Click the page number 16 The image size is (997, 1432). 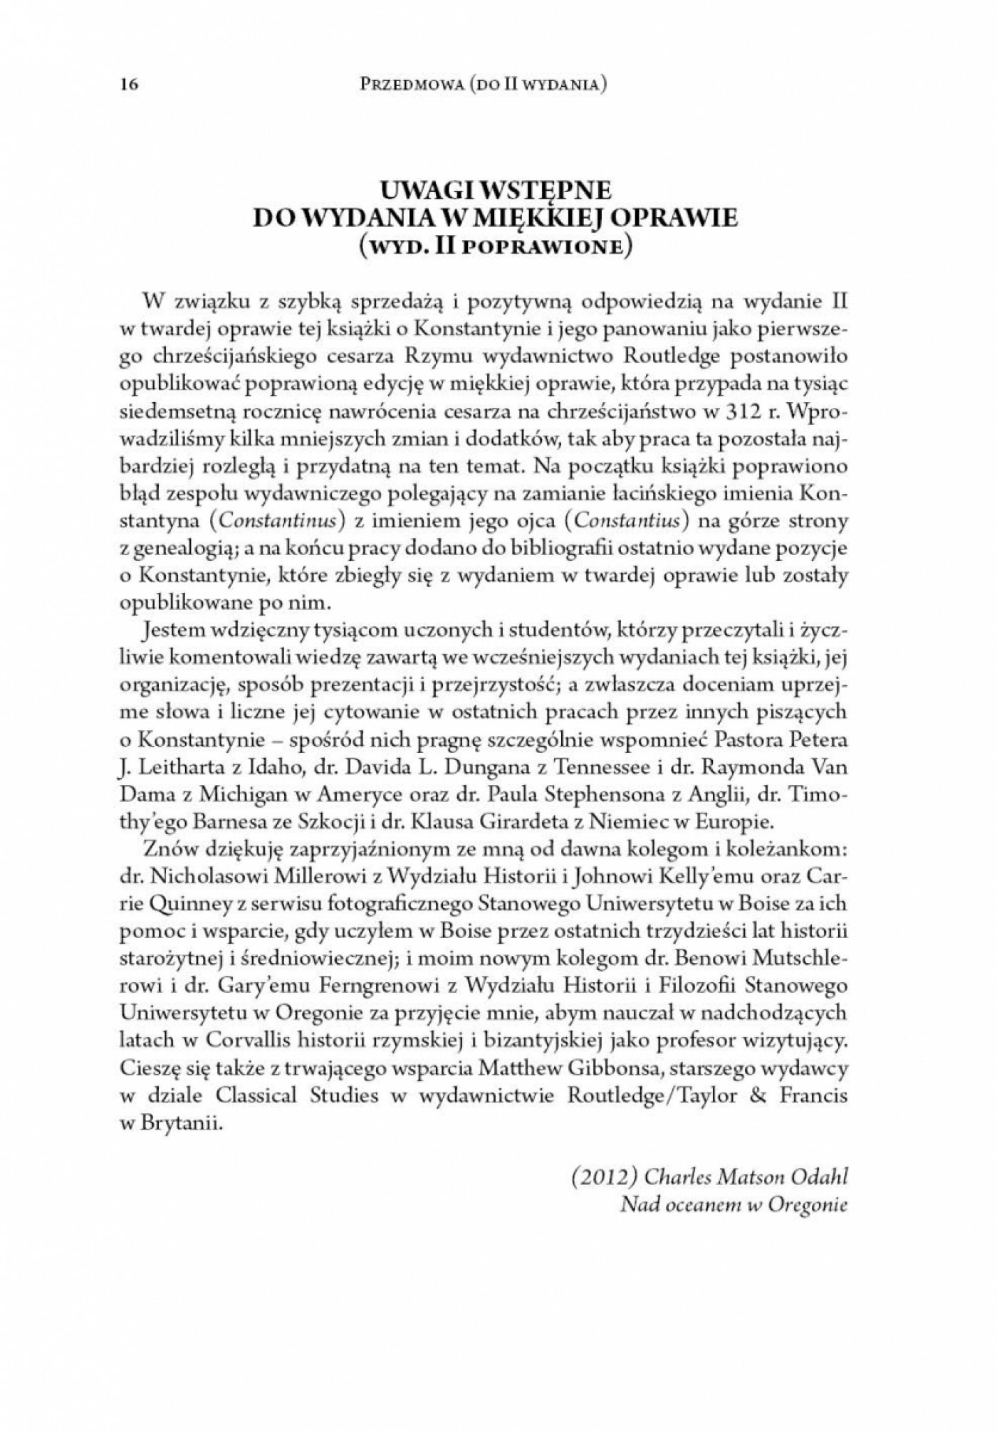point(128,85)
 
